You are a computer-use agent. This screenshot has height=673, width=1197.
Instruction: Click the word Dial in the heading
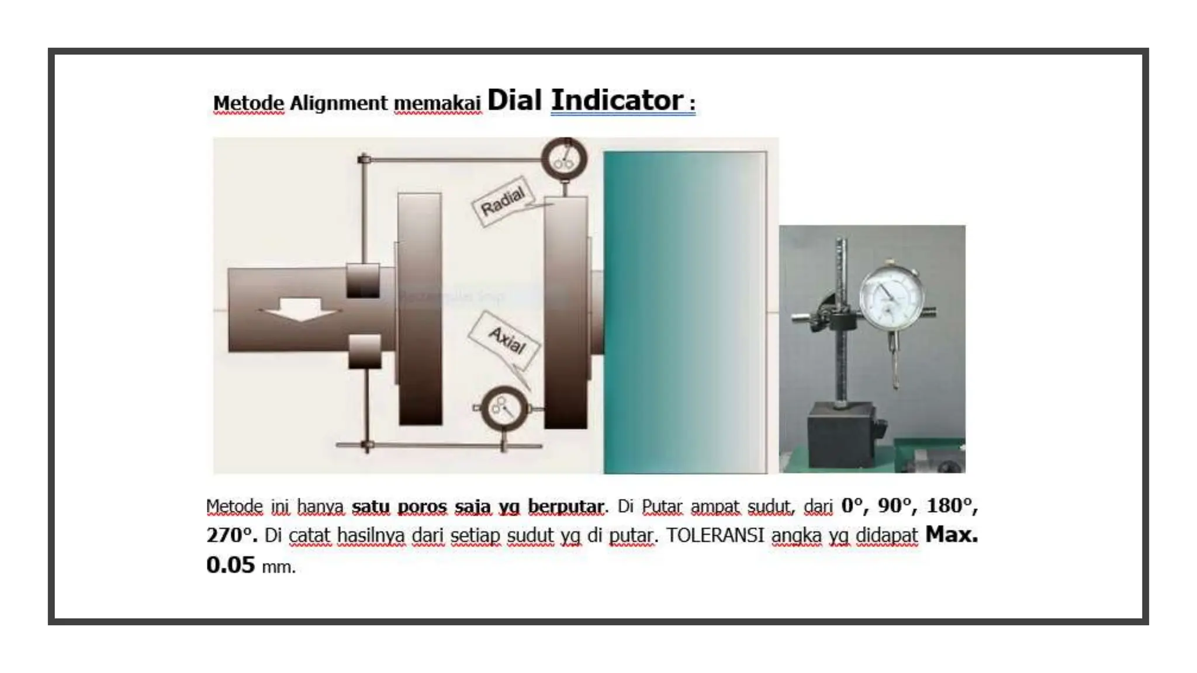[x=514, y=100]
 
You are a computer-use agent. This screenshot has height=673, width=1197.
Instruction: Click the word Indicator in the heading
[x=617, y=100]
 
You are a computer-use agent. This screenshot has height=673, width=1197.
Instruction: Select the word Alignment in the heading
[x=338, y=103]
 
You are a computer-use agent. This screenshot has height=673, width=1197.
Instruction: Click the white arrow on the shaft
[x=300, y=310]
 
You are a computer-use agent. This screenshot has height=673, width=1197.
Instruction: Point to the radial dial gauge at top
[x=564, y=158]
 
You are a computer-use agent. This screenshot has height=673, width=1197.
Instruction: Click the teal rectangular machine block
[x=685, y=313]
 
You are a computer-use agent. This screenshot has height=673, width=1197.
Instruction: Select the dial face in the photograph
[x=891, y=299]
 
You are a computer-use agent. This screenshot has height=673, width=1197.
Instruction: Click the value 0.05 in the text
[x=231, y=565]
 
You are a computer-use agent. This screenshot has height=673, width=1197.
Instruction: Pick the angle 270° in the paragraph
[x=231, y=535]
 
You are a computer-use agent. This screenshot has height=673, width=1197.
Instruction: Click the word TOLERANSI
[x=715, y=535]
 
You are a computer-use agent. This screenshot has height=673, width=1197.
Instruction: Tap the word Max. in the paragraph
[x=952, y=534]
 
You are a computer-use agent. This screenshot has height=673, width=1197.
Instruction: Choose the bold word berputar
[x=566, y=507]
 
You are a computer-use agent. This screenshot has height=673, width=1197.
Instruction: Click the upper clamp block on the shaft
[x=363, y=280]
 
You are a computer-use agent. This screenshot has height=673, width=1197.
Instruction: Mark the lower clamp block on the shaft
[x=365, y=352]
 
